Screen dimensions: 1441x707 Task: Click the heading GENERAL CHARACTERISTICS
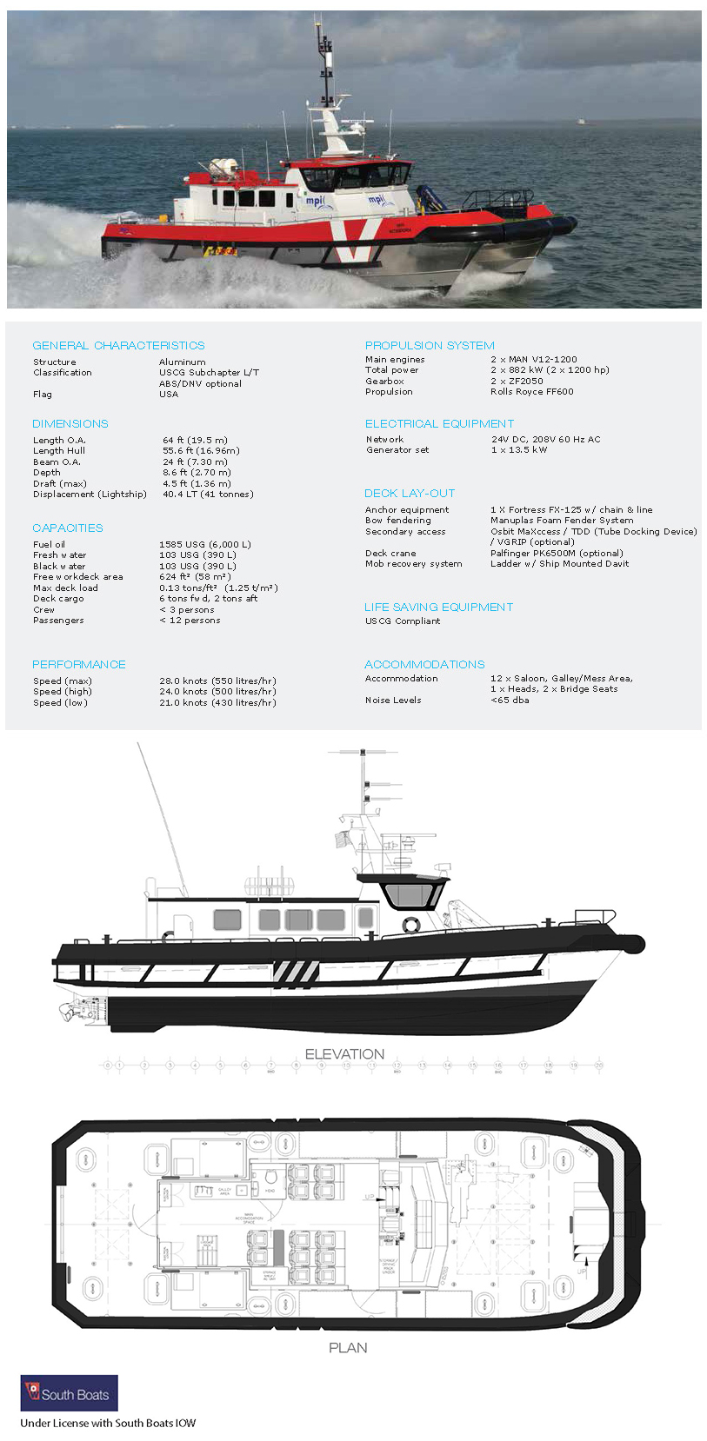(x=118, y=345)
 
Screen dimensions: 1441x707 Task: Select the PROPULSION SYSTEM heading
(x=430, y=345)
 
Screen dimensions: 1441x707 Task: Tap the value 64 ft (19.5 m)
(x=195, y=440)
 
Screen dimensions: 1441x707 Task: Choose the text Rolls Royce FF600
(x=531, y=391)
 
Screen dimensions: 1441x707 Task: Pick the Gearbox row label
(x=384, y=381)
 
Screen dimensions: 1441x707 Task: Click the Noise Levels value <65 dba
(x=510, y=700)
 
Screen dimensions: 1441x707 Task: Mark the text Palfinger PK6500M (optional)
(x=557, y=553)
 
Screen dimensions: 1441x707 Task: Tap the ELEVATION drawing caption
(x=344, y=1053)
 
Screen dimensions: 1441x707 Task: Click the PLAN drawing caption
(x=348, y=1347)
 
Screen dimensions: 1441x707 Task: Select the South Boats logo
(x=69, y=1393)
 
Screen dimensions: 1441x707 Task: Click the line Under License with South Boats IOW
(x=108, y=1423)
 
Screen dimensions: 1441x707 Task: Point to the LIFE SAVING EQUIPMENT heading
(x=438, y=607)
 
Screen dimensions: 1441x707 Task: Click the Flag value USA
(x=169, y=394)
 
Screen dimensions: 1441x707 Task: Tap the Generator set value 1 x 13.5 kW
(x=519, y=449)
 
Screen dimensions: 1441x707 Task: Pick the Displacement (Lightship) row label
(x=90, y=494)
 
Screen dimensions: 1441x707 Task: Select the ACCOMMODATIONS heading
(x=424, y=664)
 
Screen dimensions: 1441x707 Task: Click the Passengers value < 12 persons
(x=190, y=620)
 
